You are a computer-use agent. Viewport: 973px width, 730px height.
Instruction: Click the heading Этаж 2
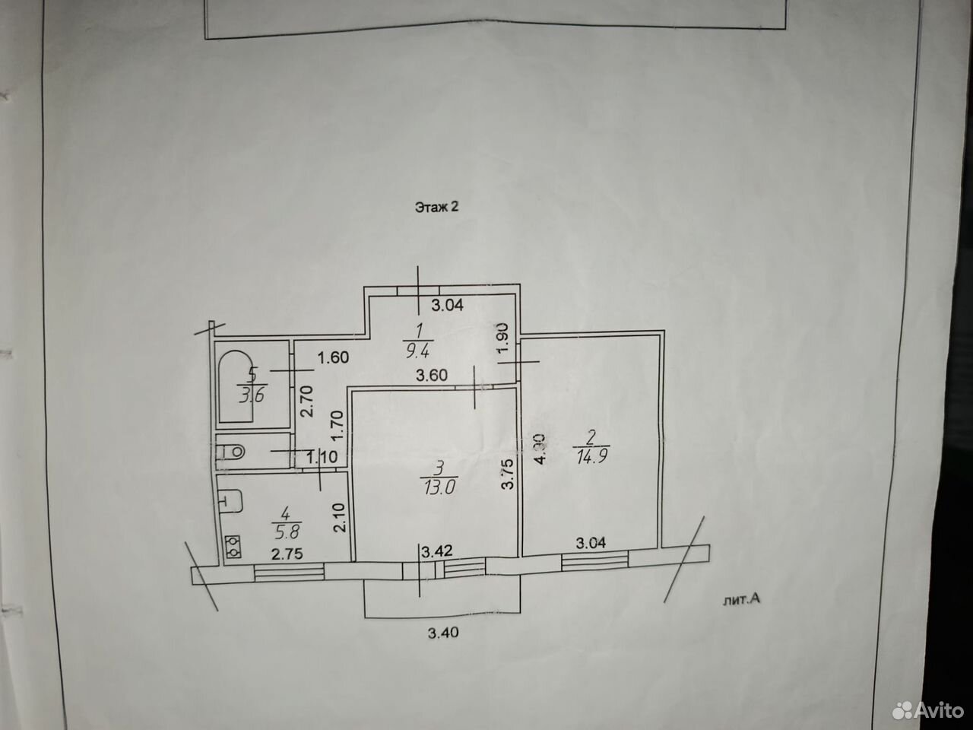436,207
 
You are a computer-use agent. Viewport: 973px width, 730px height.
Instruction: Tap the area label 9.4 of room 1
417,351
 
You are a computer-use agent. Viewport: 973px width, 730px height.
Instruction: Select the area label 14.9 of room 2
591,456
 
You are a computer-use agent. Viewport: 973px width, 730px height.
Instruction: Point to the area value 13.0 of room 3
439,487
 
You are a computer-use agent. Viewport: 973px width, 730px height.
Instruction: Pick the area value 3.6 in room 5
252,395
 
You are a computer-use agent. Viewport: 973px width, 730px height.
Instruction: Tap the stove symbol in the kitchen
233,547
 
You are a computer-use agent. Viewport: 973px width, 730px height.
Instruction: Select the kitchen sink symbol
230,501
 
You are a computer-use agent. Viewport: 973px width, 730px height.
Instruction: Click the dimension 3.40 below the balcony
443,633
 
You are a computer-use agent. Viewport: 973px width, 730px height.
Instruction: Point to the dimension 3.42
437,551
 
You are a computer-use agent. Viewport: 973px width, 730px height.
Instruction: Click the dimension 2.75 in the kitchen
287,554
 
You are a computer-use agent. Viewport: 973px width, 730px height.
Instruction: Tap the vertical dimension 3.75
508,474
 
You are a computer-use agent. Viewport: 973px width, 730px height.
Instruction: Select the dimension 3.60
432,376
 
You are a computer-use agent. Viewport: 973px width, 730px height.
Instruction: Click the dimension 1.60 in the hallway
334,357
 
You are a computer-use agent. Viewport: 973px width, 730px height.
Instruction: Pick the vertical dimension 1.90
503,338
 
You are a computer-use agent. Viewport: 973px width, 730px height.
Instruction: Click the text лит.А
742,600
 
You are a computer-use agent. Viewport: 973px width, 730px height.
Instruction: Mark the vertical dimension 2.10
339,517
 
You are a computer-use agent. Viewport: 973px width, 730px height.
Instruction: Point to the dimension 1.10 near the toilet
322,456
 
